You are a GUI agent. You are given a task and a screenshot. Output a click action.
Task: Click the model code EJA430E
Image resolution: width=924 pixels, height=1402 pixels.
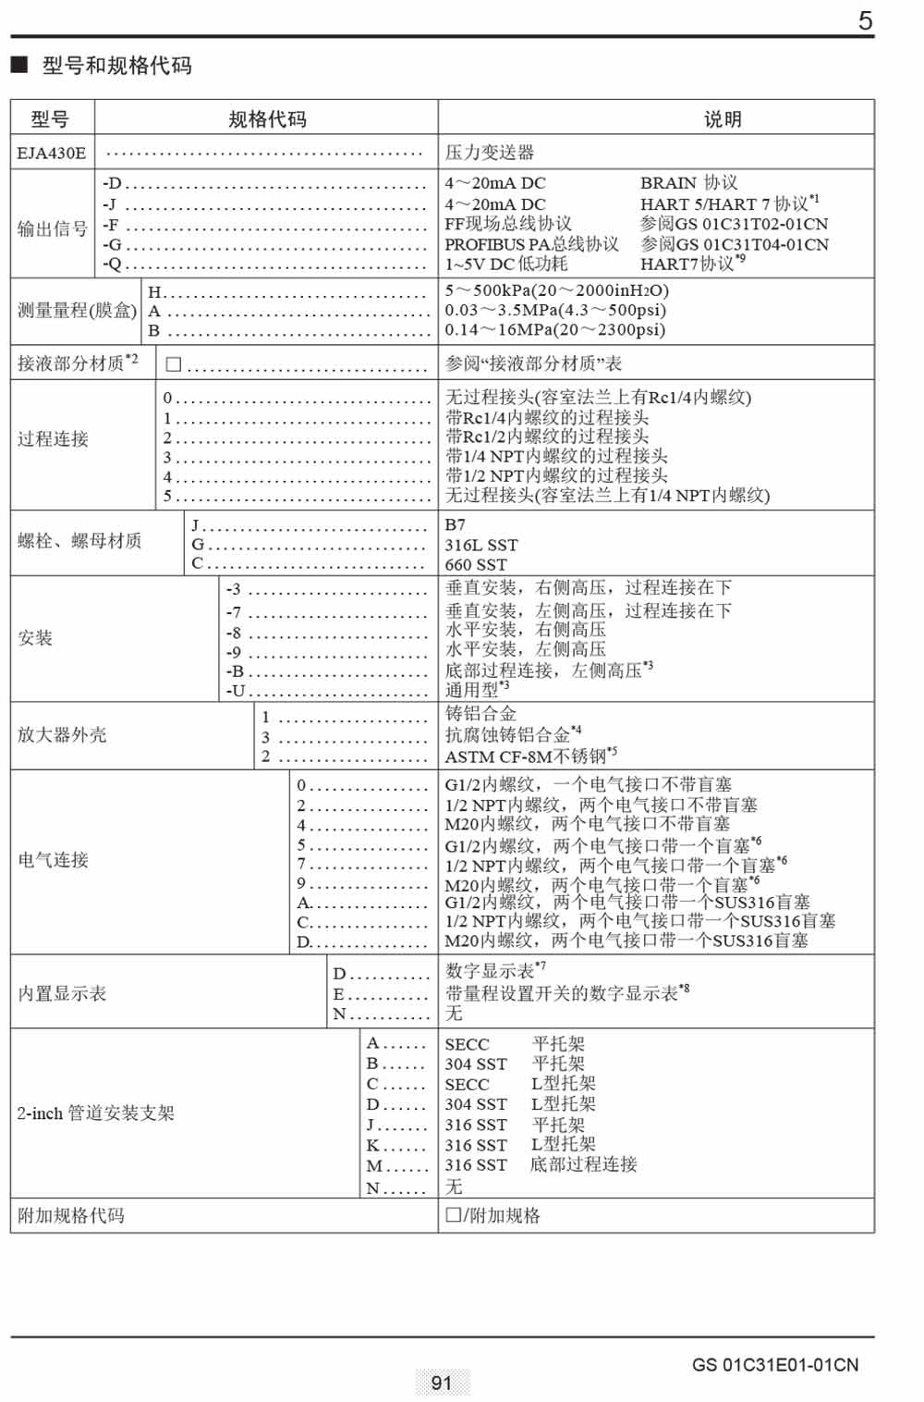click(x=51, y=154)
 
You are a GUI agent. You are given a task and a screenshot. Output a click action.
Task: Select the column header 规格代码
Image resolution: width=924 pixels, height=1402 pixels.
click(x=267, y=119)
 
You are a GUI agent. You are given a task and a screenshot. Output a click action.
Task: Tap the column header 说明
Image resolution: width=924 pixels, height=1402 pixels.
click(x=723, y=119)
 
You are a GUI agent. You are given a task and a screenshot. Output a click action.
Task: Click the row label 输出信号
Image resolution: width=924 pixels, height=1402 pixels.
click(x=53, y=228)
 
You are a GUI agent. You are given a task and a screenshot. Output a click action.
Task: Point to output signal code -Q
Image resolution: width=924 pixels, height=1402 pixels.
click(x=112, y=264)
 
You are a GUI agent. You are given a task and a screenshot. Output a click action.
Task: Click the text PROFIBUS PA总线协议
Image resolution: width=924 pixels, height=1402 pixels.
click(x=531, y=244)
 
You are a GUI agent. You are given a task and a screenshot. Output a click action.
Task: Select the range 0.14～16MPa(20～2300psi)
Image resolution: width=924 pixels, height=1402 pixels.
click(x=554, y=330)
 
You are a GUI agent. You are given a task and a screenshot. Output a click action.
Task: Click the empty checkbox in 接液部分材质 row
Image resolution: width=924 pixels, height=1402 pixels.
click(x=173, y=364)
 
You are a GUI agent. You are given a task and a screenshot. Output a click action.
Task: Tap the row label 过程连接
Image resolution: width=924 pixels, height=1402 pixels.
click(x=53, y=439)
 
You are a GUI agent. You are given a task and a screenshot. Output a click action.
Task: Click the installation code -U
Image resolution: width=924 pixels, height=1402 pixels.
click(x=236, y=691)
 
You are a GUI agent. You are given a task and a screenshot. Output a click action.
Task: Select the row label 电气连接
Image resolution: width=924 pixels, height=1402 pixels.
click(x=53, y=860)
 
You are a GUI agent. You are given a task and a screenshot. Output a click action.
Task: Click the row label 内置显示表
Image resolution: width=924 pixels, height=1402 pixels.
click(x=62, y=994)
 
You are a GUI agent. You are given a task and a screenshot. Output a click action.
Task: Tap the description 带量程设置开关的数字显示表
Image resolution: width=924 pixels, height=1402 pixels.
click(x=562, y=994)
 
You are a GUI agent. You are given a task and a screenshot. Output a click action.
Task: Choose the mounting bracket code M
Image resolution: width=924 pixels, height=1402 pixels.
click(x=374, y=1166)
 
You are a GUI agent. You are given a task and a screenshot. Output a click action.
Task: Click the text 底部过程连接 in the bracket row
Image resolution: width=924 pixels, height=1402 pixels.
click(x=583, y=1165)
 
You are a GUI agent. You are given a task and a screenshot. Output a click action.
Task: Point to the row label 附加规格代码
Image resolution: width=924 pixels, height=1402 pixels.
click(x=70, y=1215)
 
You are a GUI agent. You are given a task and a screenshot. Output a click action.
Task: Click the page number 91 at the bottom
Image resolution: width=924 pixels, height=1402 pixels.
click(x=442, y=1383)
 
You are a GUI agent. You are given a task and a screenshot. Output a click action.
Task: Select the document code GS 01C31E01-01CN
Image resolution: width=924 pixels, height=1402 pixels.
click(x=774, y=1365)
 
